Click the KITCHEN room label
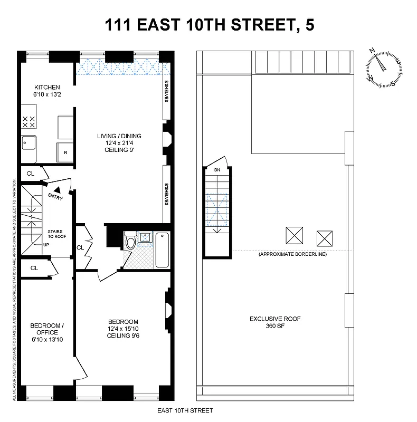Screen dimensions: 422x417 [47, 88]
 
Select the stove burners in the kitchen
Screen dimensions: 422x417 [29, 122]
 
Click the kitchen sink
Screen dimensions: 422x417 [27, 144]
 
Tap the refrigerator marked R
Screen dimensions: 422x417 [65, 152]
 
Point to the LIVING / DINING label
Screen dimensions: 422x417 [119, 136]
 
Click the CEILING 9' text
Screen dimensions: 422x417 [119, 150]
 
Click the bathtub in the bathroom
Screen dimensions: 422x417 [162, 250]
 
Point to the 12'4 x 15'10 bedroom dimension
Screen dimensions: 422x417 [122, 329]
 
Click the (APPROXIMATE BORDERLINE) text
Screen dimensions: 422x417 [292, 254]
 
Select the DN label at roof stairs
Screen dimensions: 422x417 [217, 170]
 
